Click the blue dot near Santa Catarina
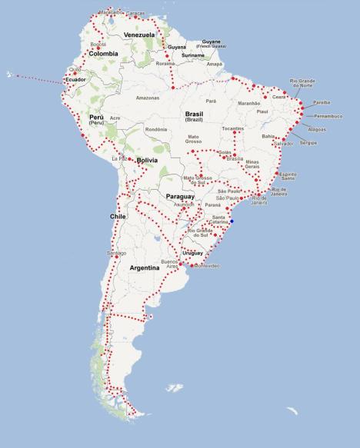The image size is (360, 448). pyautogui.click(x=232, y=222)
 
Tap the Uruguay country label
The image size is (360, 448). pyautogui.click(x=192, y=253)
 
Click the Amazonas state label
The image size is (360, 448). pyautogui.click(x=147, y=98)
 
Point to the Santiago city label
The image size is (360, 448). pyautogui.click(x=117, y=252)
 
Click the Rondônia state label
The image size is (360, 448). pyautogui.click(x=156, y=129)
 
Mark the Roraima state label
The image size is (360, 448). pyautogui.click(x=165, y=64)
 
